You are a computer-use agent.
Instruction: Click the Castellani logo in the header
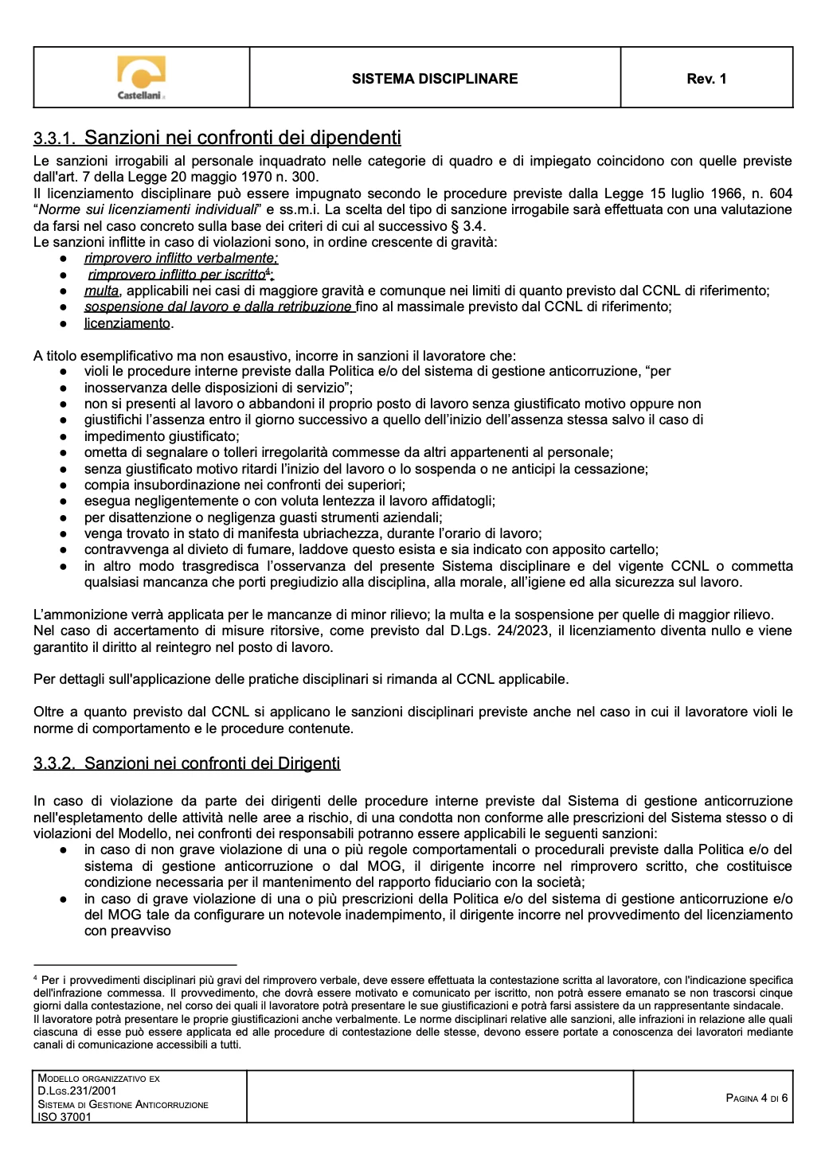click(141, 77)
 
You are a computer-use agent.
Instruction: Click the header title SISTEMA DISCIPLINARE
click(435, 79)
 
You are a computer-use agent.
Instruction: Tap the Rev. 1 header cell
click(706, 79)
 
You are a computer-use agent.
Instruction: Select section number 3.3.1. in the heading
click(54, 139)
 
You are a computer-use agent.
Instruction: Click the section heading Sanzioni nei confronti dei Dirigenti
click(212, 763)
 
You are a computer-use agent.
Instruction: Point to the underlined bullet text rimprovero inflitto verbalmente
click(181, 259)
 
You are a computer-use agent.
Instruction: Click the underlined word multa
click(101, 291)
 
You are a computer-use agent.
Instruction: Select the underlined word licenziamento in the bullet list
click(127, 323)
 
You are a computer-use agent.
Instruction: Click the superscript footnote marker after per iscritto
click(268, 272)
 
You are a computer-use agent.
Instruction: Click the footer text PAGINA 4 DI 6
click(757, 1099)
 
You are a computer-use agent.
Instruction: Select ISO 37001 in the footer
click(65, 1117)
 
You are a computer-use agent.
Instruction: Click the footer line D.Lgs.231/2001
click(77, 1091)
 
